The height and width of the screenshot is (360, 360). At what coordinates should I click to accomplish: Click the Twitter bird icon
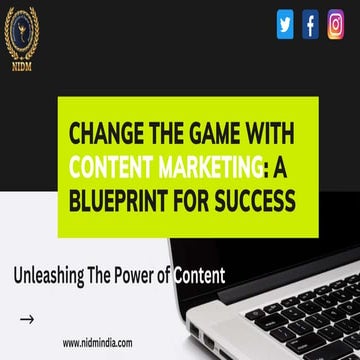coord(285,22)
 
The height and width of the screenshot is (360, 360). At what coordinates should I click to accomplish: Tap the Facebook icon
coord(310,22)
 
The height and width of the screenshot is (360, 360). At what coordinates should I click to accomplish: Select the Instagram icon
coord(336,22)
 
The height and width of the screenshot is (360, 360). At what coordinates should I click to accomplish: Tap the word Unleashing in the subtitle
coord(51,273)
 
